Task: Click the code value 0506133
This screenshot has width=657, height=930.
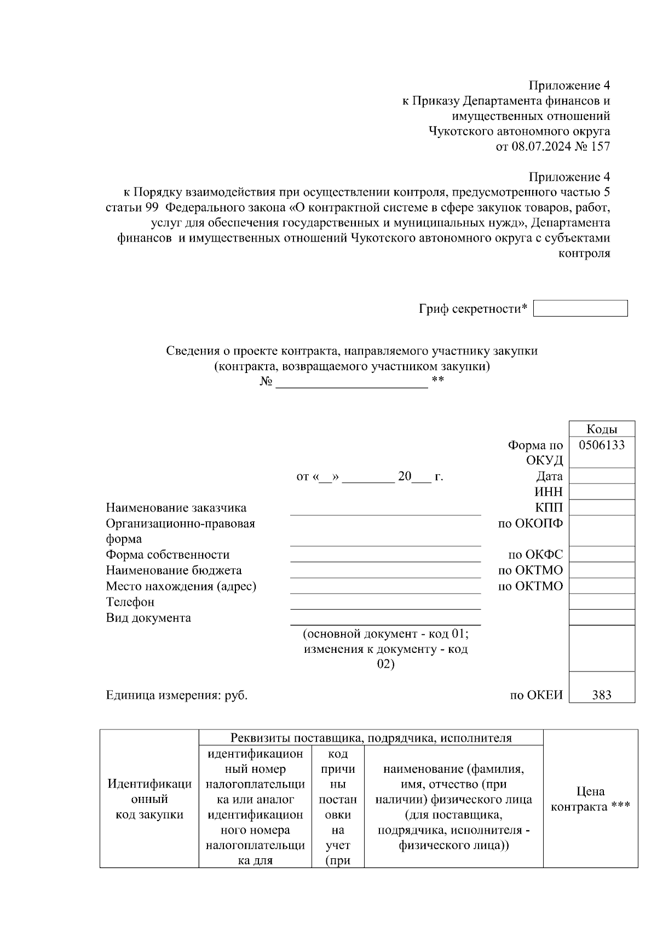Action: [602, 445]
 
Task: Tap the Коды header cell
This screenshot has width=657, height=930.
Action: [602, 429]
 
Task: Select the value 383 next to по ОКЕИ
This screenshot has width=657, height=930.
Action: [602, 695]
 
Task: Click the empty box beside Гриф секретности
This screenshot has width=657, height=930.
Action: [580, 308]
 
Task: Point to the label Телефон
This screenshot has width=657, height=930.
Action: [130, 602]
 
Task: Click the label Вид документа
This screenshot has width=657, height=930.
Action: [148, 618]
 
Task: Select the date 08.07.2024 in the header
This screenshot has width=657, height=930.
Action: [540, 146]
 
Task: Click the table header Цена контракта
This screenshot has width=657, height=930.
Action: [590, 799]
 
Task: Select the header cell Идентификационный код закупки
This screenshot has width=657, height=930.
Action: [149, 799]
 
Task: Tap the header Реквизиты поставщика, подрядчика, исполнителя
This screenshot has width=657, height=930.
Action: [371, 738]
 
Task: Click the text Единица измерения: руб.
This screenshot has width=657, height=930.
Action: [176, 696]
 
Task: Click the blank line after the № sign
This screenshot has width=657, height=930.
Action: [351, 383]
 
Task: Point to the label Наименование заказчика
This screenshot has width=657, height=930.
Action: [176, 508]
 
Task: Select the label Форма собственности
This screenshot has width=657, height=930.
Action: [168, 555]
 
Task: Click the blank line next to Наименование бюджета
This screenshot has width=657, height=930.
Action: [385, 572]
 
